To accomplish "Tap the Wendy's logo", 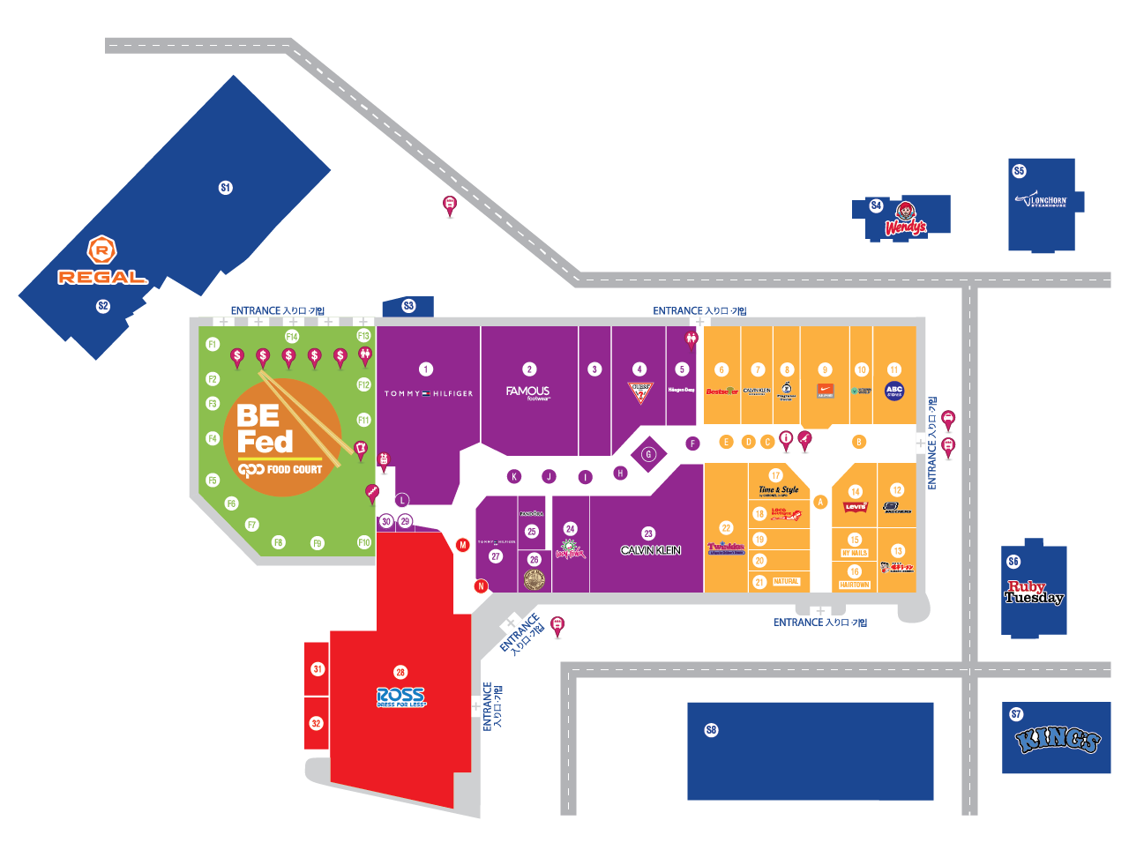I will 905,220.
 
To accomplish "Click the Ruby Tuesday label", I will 1034,593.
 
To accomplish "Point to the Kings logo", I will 1057,739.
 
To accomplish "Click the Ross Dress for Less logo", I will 400,697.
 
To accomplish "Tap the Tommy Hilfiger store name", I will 428,393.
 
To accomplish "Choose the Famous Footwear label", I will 527,392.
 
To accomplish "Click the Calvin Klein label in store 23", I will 650,550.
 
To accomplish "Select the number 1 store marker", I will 426,369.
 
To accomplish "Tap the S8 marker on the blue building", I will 712,730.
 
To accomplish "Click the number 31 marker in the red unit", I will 318,669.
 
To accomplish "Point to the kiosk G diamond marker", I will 648,454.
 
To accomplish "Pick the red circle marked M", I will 462,545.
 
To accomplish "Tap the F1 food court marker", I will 213,344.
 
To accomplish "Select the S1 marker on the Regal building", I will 226,188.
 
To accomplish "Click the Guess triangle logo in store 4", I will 640,392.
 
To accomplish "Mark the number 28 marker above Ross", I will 400,672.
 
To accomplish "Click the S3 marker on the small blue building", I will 408,306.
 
